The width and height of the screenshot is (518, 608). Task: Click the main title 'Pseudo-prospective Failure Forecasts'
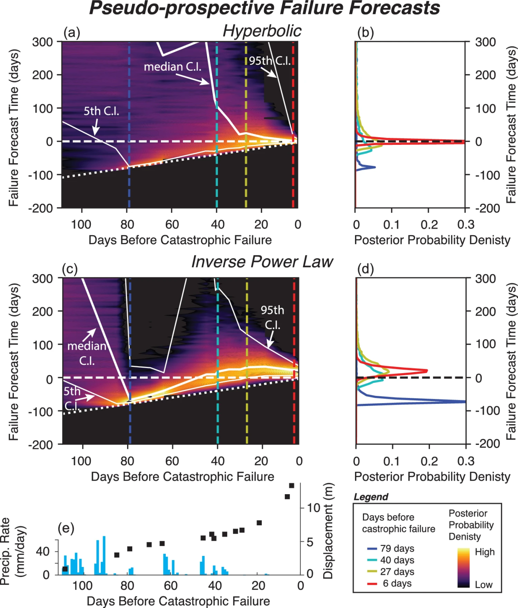pyautogui.click(x=264, y=9)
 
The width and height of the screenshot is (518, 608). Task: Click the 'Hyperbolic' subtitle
pyautogui.click(x=262, y=31)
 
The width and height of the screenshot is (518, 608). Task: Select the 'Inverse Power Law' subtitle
pyautogui.click(x=262, y=262)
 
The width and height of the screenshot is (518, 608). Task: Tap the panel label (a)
pyautogui.click(x=72, y=33)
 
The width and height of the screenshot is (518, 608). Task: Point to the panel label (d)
pyautogui.click(x=365, y=269)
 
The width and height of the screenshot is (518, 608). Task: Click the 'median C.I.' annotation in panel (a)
pyautogui.click(x=172, y=67)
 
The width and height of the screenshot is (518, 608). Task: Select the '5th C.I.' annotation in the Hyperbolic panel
pyautogui.click(x=101, y=111)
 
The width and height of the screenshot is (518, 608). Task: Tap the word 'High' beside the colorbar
pyautogui.click(x=485, y=552)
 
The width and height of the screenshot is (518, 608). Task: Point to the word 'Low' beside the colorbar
pyautogui.click(x=484, y=585)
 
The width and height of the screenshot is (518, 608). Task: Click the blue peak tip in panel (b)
pyautogui.click(x=375, y=167)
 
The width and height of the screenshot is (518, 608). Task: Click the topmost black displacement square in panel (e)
pyautogui.click(x=292, y=485)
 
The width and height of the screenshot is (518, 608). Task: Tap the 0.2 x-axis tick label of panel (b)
pyautogui.click(x=429, y=225)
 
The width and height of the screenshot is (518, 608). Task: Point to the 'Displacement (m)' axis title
pyautogui.click(x=328, y=531)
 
